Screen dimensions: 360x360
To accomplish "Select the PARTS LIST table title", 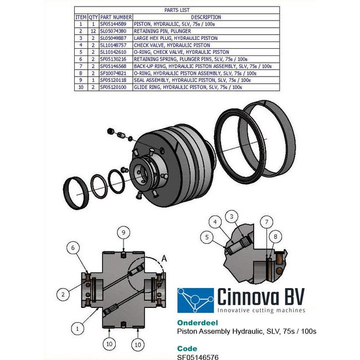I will click(177, 11).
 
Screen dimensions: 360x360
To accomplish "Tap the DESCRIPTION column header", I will click(205, 18).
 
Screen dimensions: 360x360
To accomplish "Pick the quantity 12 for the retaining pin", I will click(94, 31).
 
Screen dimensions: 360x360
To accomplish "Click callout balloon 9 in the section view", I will click(124, 232).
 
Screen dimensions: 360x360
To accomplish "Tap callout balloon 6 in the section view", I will click(71, 249).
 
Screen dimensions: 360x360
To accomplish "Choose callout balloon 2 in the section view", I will click(64, 294).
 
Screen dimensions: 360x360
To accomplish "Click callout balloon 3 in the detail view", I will click(233, 216).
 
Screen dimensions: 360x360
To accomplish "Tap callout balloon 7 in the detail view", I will click(267, 222).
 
